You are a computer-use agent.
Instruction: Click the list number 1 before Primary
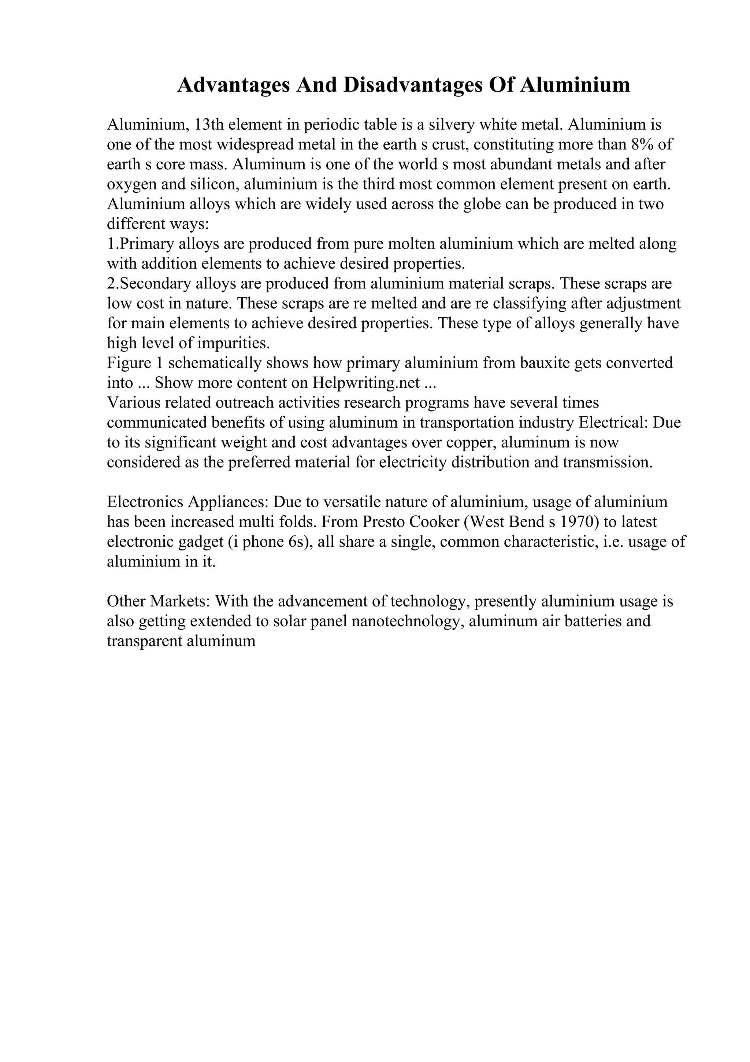tap(111, 244)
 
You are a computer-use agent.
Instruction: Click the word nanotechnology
tap(408, 621)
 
